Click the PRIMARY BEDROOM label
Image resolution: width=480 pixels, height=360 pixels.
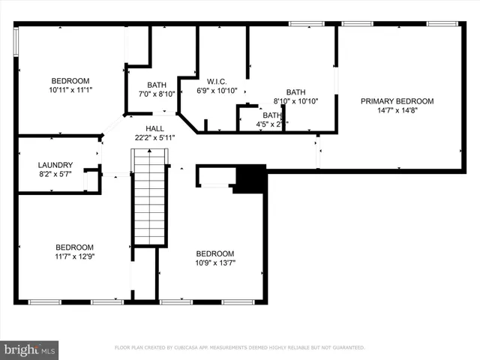[x=397, y=101]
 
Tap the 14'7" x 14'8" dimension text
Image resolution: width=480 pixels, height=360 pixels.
[x=397, y=110]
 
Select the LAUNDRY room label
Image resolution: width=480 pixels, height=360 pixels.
[x=55, y=165]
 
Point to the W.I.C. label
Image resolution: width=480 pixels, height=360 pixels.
[x=217, y=81]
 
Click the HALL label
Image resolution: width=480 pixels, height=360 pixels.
[x=154, y=128]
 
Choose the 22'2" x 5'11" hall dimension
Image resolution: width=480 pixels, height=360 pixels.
[x=154, y=137]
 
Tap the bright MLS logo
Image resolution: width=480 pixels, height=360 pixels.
[x=30, y=349]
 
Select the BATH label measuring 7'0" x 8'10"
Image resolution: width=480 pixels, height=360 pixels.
[x=157, y=85]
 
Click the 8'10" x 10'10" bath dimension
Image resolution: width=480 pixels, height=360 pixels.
[x=295, y=100]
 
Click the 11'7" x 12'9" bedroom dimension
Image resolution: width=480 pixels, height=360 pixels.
[x=74, y=256]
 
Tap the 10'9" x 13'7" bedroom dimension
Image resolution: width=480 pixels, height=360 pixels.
[x=214, y=262]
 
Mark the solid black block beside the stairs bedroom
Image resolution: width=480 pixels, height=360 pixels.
[x=250, y=178]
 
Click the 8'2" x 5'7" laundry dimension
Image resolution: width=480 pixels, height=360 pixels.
[x=55, y=174]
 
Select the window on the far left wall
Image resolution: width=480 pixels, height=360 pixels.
[x=16, y=41]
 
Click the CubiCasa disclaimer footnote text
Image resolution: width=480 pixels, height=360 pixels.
[x=239, y=348]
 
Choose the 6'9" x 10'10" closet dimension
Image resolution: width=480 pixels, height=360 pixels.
[x=217, y=90]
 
